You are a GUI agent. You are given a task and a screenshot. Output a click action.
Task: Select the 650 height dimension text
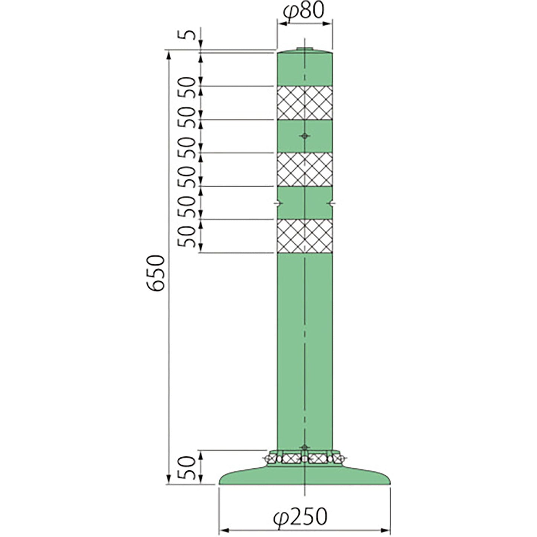[x=156, y=273]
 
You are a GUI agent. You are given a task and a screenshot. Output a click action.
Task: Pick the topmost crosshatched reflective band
[x=305, y=103]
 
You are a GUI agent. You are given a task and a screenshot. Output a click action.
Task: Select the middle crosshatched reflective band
[x=305, y=169]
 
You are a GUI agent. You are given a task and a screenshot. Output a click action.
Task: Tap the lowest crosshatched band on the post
[x=305, y=236]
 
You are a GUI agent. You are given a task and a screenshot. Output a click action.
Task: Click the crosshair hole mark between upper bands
[x=305, y=136]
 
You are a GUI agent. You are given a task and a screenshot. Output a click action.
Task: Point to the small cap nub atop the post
[x=305, y=49]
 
